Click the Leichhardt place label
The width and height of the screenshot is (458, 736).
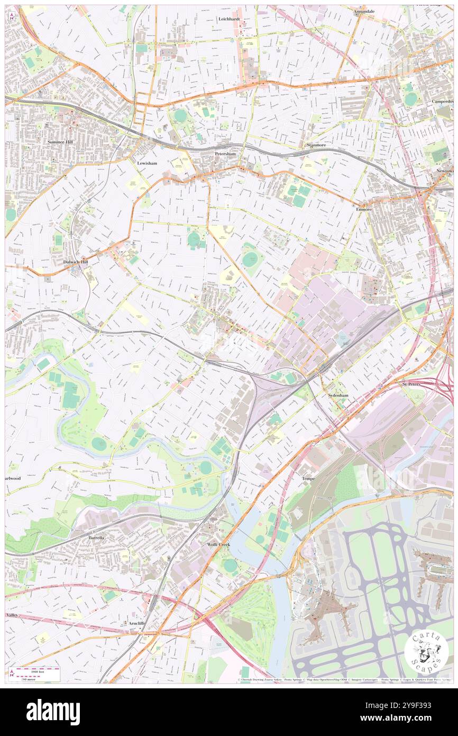coord(229,19)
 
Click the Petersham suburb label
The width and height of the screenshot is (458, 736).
coord(225,154)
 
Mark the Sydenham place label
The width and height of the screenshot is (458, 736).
coord(336,395)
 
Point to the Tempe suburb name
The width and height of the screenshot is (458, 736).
coord(308,478)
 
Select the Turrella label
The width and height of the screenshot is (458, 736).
coord(97,537)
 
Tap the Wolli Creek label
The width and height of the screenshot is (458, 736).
coord(218,544)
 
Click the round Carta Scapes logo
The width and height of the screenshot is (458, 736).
coord(426,651)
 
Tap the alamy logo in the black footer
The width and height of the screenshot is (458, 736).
coord(53,712)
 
